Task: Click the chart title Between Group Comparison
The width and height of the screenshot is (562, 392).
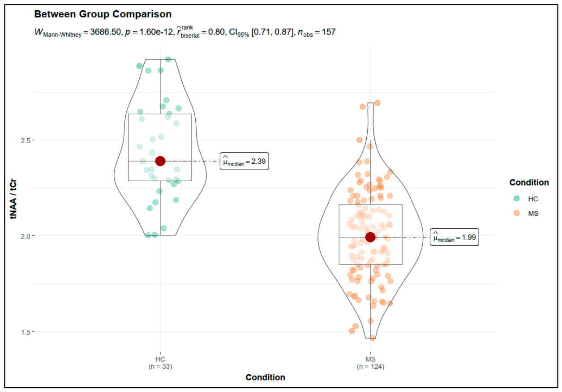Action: coord(103,14)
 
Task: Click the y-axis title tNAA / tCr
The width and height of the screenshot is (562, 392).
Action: coord(13,199)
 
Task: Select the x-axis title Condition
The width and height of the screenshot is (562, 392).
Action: coord(265,378)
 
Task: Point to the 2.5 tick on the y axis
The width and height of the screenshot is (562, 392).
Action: coord(26,141)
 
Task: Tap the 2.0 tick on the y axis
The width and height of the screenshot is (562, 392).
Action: coord(26,236)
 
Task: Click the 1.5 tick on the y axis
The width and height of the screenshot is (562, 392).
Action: coord(26,332)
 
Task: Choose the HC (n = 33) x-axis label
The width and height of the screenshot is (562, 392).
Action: coord(160,362)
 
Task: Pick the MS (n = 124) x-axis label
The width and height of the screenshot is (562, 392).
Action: coord(371,362)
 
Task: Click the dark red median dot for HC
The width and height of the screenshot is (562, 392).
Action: coord(160,161)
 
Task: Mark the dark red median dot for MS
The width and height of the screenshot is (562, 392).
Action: coord(370,237)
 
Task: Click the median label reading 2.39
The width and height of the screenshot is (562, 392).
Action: coord(245,161)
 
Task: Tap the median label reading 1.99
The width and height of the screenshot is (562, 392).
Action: coord(455,237)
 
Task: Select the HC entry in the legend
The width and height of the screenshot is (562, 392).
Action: coord(525,199)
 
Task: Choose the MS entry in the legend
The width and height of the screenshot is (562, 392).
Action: coord(525,213)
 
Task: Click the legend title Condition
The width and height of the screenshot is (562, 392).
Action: coord(529,183)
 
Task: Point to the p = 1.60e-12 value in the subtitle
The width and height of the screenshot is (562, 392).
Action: coord(149,32)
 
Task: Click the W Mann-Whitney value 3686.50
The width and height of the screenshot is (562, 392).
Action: coord(105,32)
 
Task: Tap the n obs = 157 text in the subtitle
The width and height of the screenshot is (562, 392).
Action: coord(317,32)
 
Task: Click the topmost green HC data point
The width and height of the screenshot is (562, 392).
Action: coord(168,60)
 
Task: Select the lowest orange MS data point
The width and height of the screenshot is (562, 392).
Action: coord(373,338)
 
